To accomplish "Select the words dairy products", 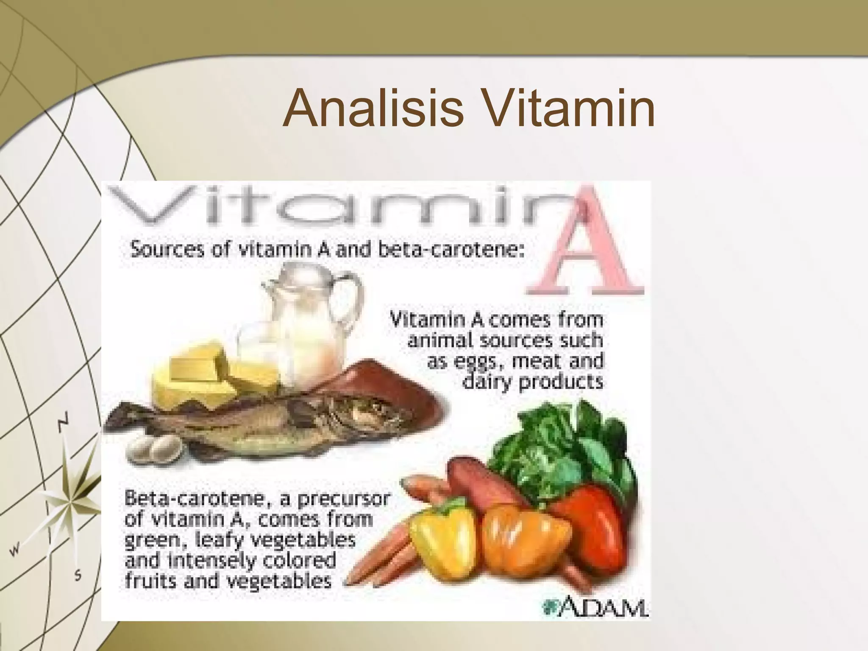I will (x=532, y=382).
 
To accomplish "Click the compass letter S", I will (x=78, y=576).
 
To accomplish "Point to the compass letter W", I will (x=15, y=551).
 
